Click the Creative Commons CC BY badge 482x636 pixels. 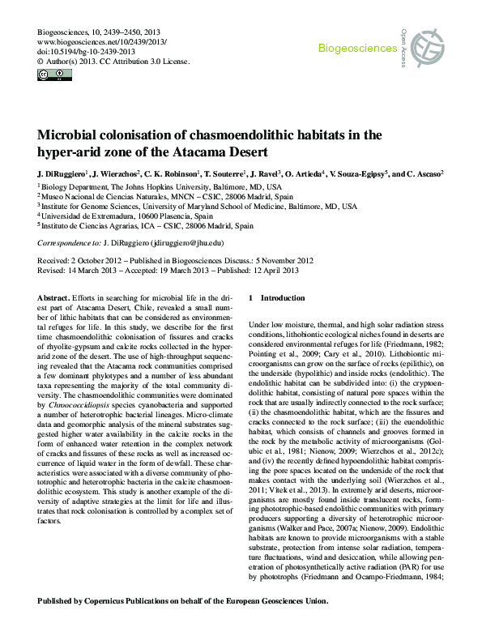53,75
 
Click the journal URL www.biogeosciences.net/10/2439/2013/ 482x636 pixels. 101,41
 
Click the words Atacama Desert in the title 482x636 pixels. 227,152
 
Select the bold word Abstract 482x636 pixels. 53,298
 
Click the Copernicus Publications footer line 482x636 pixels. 183,601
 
